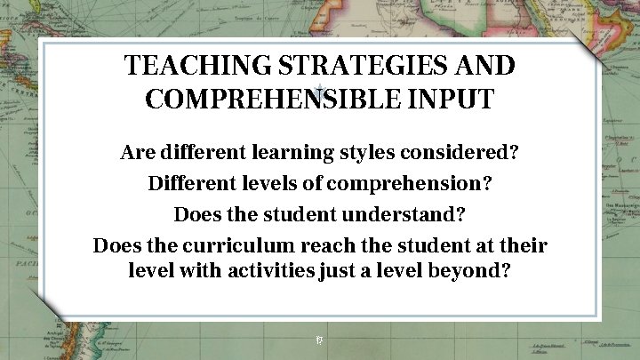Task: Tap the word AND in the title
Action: point(485,67)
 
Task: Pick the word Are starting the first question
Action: point(137,153)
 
